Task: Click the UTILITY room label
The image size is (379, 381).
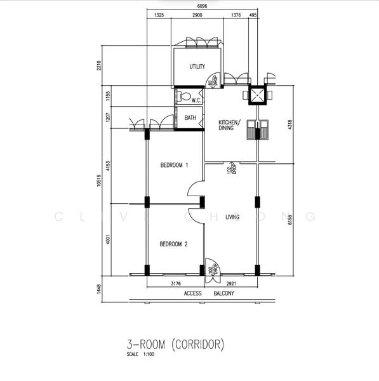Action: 197,67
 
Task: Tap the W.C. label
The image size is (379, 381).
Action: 196,99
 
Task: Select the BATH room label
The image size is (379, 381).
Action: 190,118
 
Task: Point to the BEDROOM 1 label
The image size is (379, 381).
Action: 174,165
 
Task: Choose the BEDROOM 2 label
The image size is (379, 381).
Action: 173,244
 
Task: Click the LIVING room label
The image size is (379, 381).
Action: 232,217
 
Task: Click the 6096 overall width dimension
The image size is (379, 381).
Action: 201,6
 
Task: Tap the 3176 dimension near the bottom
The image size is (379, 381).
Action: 177,283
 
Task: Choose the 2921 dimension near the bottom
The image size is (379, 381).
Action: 236,283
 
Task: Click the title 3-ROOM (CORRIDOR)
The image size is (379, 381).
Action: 175,345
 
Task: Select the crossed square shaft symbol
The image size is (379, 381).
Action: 256,95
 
